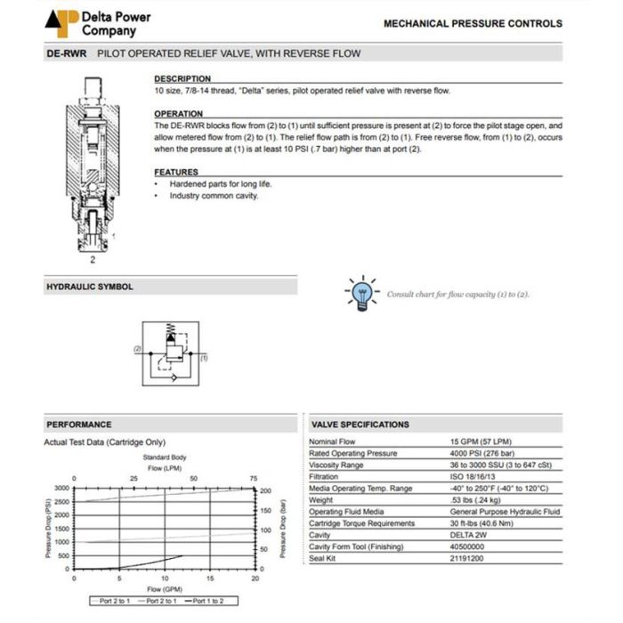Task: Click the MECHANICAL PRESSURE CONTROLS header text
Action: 473,24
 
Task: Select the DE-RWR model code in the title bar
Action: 67,53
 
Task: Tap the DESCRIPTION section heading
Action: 182,79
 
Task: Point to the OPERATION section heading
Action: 179,114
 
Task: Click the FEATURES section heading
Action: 176,172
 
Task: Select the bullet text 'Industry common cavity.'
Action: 214,196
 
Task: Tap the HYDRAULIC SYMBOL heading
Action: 90,287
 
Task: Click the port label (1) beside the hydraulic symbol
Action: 203,358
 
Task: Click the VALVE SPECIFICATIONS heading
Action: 360,425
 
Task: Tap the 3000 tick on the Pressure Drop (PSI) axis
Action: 61,489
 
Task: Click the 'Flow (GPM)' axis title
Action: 165,589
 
